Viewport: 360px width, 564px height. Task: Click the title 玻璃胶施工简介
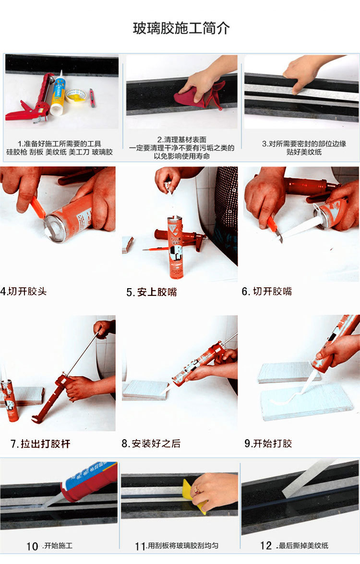(x=181, y=28)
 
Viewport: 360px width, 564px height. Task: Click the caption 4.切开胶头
(x=24, y=291)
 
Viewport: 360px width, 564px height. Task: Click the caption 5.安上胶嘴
(x=152, y=292)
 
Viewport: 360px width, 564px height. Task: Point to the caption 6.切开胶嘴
(x=267, y=291)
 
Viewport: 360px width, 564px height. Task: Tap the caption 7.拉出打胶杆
(x=40, y=444)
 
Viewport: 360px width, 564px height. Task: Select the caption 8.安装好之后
(x=151, y=444)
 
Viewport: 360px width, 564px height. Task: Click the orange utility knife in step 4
(x=37, y=207)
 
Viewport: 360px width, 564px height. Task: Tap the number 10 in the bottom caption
(x=32, y=546)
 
